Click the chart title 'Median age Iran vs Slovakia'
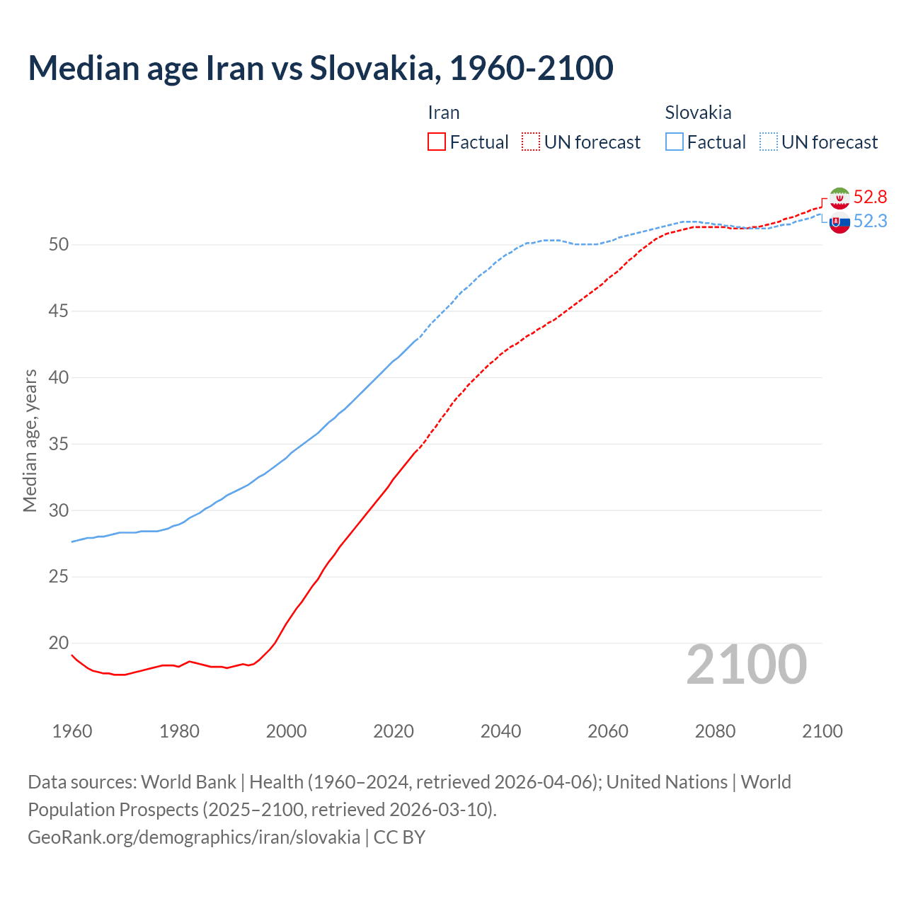(320, 69)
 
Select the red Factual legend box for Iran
(437, 142)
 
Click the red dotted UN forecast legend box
(531, 142)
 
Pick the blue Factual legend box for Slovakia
(675, 142)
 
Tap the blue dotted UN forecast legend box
(769, 142)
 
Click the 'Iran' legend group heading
(444, 113)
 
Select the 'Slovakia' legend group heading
(698, 113)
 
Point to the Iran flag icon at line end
(839, 198)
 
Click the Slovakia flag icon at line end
(839, 223)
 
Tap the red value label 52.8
(870, 197)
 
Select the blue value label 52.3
(870, 222)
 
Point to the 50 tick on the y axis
(59, 245)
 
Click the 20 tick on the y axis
(59, 643)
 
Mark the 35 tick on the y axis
(59, 445)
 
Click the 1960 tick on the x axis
(72, 731)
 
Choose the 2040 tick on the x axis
(500, 731)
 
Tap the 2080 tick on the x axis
(715, 731)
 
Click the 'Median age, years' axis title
(30, 440)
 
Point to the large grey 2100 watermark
(747, 665)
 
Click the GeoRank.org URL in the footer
(194, 837)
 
